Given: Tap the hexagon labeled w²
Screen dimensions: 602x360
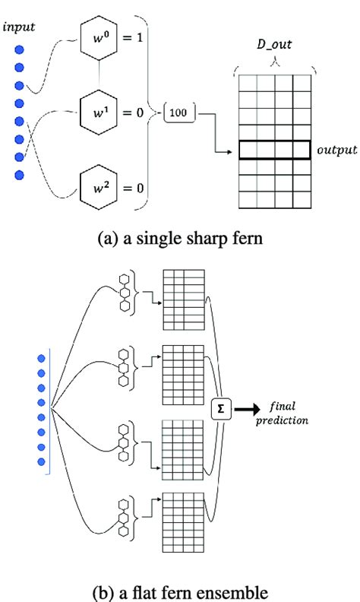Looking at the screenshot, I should tap(102, 187).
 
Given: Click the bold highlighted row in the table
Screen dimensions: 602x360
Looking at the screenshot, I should tap(275, 150).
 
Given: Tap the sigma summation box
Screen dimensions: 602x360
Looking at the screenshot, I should tap(221, 408).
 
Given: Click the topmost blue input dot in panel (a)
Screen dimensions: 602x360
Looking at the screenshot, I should tap(19, 50).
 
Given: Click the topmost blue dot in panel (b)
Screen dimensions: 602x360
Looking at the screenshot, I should tap(42, 358).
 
